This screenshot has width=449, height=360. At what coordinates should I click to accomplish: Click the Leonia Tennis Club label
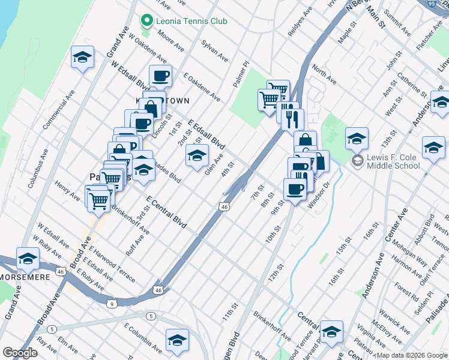(191, 21)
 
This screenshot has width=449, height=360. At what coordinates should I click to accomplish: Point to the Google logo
(20, 353)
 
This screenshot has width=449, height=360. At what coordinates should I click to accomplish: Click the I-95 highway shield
(444, 4)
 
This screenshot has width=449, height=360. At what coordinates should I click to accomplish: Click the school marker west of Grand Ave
(83, 58)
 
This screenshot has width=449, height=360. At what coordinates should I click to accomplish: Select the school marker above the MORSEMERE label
(27, 259)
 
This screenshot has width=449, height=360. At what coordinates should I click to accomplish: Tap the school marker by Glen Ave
(197, 155)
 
